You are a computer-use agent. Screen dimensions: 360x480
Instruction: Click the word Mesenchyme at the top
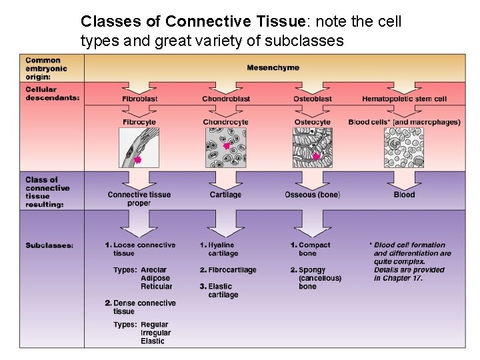click(x=273, y=67)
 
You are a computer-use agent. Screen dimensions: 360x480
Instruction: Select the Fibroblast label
click(x=139, y=99)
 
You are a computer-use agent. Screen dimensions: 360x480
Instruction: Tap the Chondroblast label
click(x=226, y=99)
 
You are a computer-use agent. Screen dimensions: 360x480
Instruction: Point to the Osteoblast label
click(x=312, y=99)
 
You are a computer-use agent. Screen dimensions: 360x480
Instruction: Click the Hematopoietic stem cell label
click(x=404, y=99)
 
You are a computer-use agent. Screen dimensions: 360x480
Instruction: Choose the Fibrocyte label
click(x=139, y=122)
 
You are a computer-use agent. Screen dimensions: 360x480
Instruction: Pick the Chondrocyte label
click(x=225, y=122)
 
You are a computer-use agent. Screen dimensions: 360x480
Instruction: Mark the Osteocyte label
click(x=312, y=122)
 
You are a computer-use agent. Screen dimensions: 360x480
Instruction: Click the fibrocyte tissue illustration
click(x=139, y=147)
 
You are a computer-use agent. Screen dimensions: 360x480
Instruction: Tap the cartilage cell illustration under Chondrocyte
click(x=225, y=147)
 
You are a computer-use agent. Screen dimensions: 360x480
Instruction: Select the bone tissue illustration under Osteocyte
click(x=312, y=147)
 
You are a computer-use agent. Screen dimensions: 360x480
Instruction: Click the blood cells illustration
click(x=404, y=147)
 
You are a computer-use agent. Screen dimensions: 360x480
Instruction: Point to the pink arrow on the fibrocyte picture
click(x=137, y=160)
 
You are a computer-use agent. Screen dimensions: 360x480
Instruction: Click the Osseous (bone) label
click(x=312, y=195)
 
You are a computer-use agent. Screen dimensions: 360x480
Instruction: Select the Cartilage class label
click(x=225, y=195)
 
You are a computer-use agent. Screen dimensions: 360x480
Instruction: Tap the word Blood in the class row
click(x=404, y=195)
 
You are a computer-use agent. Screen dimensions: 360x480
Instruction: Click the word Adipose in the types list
click(x=155, y=278)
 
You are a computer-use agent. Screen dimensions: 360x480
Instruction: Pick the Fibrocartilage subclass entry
click(x=231, y=270)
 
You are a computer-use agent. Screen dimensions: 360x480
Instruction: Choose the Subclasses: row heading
click(x=49, y=245)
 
